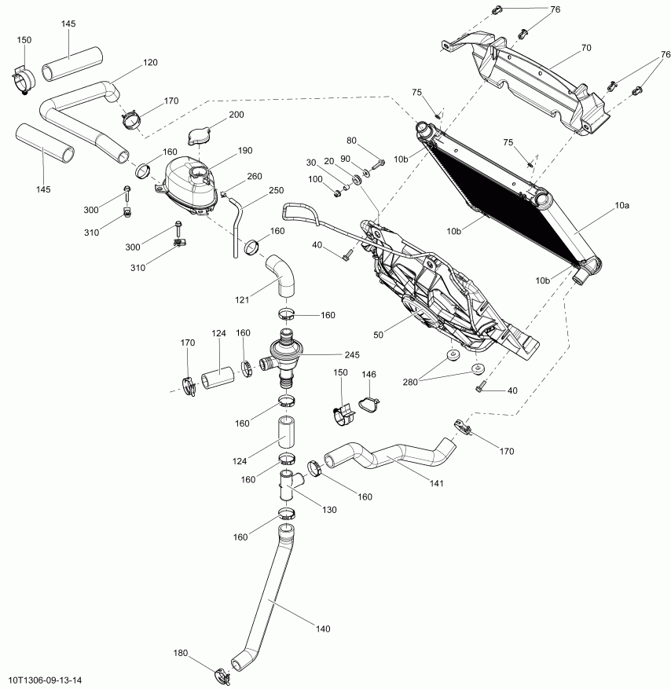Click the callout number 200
pos(236,115)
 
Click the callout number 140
pos(322,629)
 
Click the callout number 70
pos(585,48)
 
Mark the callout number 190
pos(244,150)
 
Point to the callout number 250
pos(276,190)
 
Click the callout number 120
pos(150,61)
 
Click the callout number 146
pos(368,376)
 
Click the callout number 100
pos(314,179)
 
